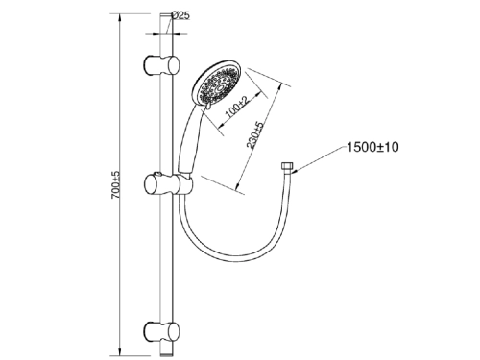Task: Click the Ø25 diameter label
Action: pyautogui.click(x=180, y=15)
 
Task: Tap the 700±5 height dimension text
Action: pyautogui.click(x=116, y=184)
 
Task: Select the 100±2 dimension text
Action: pyautogui.click(x=237, y=107)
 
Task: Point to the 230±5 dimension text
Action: pyautogui.click(x=254, y=135)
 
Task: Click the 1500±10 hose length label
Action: pyautogui.click(x=372, y=147)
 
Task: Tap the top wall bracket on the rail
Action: pyautogui.click(x=162, y=65)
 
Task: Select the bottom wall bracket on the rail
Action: pyautogui.click(x=162, y=332)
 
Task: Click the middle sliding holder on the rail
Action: pyautogui.click(x=168, y=184)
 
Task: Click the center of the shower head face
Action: pyautogui.click(x=220, y=87)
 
